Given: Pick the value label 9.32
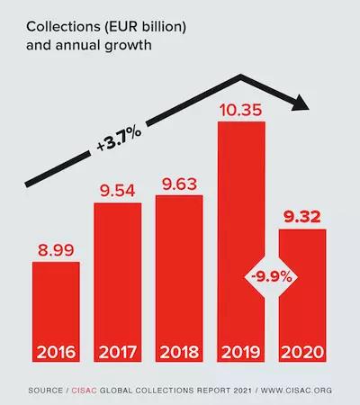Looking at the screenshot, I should (301, 217).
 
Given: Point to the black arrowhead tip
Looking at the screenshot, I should (309, 107).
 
